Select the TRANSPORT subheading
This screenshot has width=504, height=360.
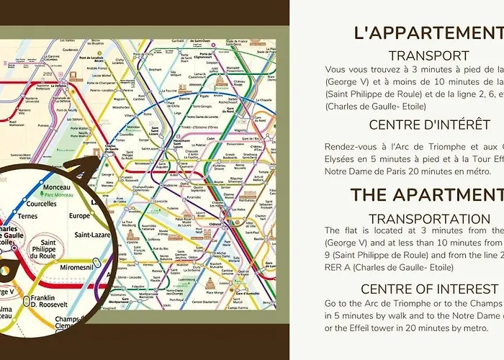428,55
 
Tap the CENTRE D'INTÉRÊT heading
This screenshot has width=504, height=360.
430,125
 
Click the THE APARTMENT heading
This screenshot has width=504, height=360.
426,194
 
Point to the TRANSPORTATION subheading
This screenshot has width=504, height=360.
429,218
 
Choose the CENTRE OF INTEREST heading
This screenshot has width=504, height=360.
430,289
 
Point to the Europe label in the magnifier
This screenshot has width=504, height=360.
81,215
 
